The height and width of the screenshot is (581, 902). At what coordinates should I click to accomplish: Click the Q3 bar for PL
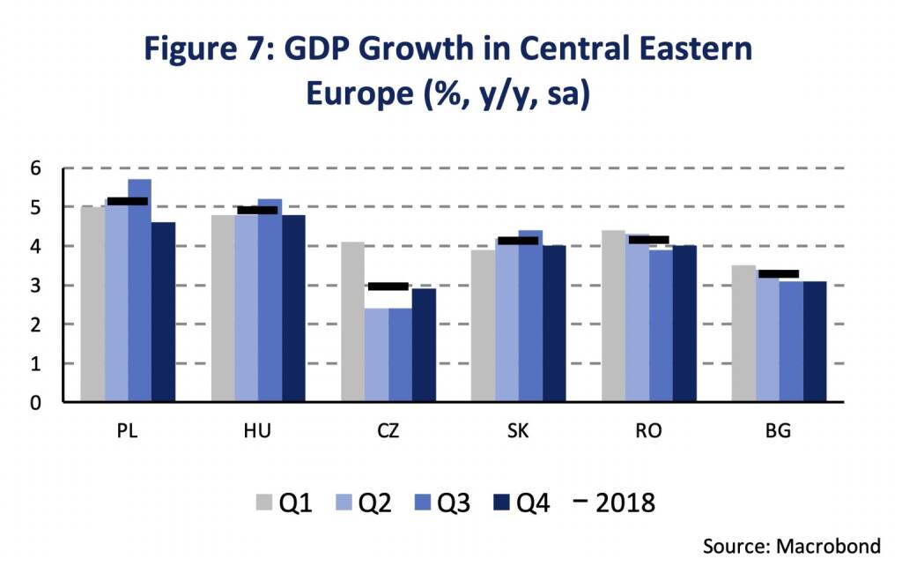140,290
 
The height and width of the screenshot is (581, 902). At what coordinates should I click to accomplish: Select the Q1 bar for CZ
352,322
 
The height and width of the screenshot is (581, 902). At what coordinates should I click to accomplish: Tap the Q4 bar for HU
292,309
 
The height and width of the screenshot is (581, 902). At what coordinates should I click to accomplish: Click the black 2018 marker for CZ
388,287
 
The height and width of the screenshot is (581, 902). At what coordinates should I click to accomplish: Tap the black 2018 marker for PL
128,201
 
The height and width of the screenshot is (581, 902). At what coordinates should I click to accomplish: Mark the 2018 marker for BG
779,274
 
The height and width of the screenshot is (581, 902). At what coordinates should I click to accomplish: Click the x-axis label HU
257,431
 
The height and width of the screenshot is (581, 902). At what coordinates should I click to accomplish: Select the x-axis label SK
519,431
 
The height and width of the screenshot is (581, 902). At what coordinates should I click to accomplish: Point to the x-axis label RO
649,431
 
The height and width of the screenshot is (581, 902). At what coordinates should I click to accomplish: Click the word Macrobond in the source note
827,547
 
